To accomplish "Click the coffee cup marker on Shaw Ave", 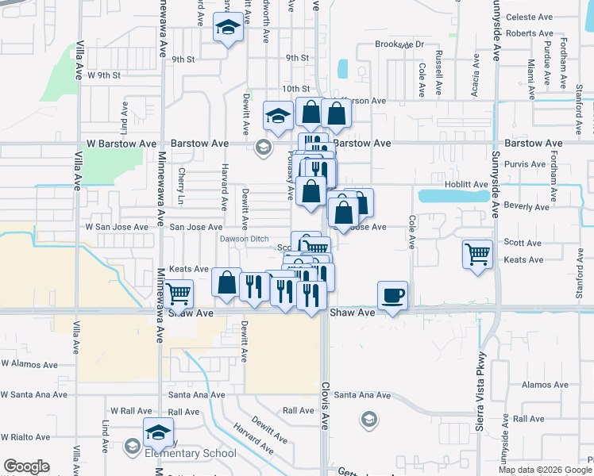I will click(392, 296).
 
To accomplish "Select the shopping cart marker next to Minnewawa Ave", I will click(180, 294).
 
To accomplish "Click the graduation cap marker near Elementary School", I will click(158, 433).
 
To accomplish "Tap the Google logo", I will click(26, 466).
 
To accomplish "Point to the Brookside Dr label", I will click(399, 45).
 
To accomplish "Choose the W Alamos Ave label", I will click(29, 364).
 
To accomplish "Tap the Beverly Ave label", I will click(527, 207).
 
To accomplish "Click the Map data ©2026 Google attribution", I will click(546, 470).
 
